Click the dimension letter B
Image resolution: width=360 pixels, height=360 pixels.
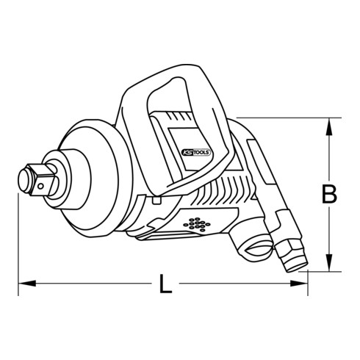(329, 194)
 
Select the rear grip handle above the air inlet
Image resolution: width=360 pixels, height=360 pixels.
(263, 176)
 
